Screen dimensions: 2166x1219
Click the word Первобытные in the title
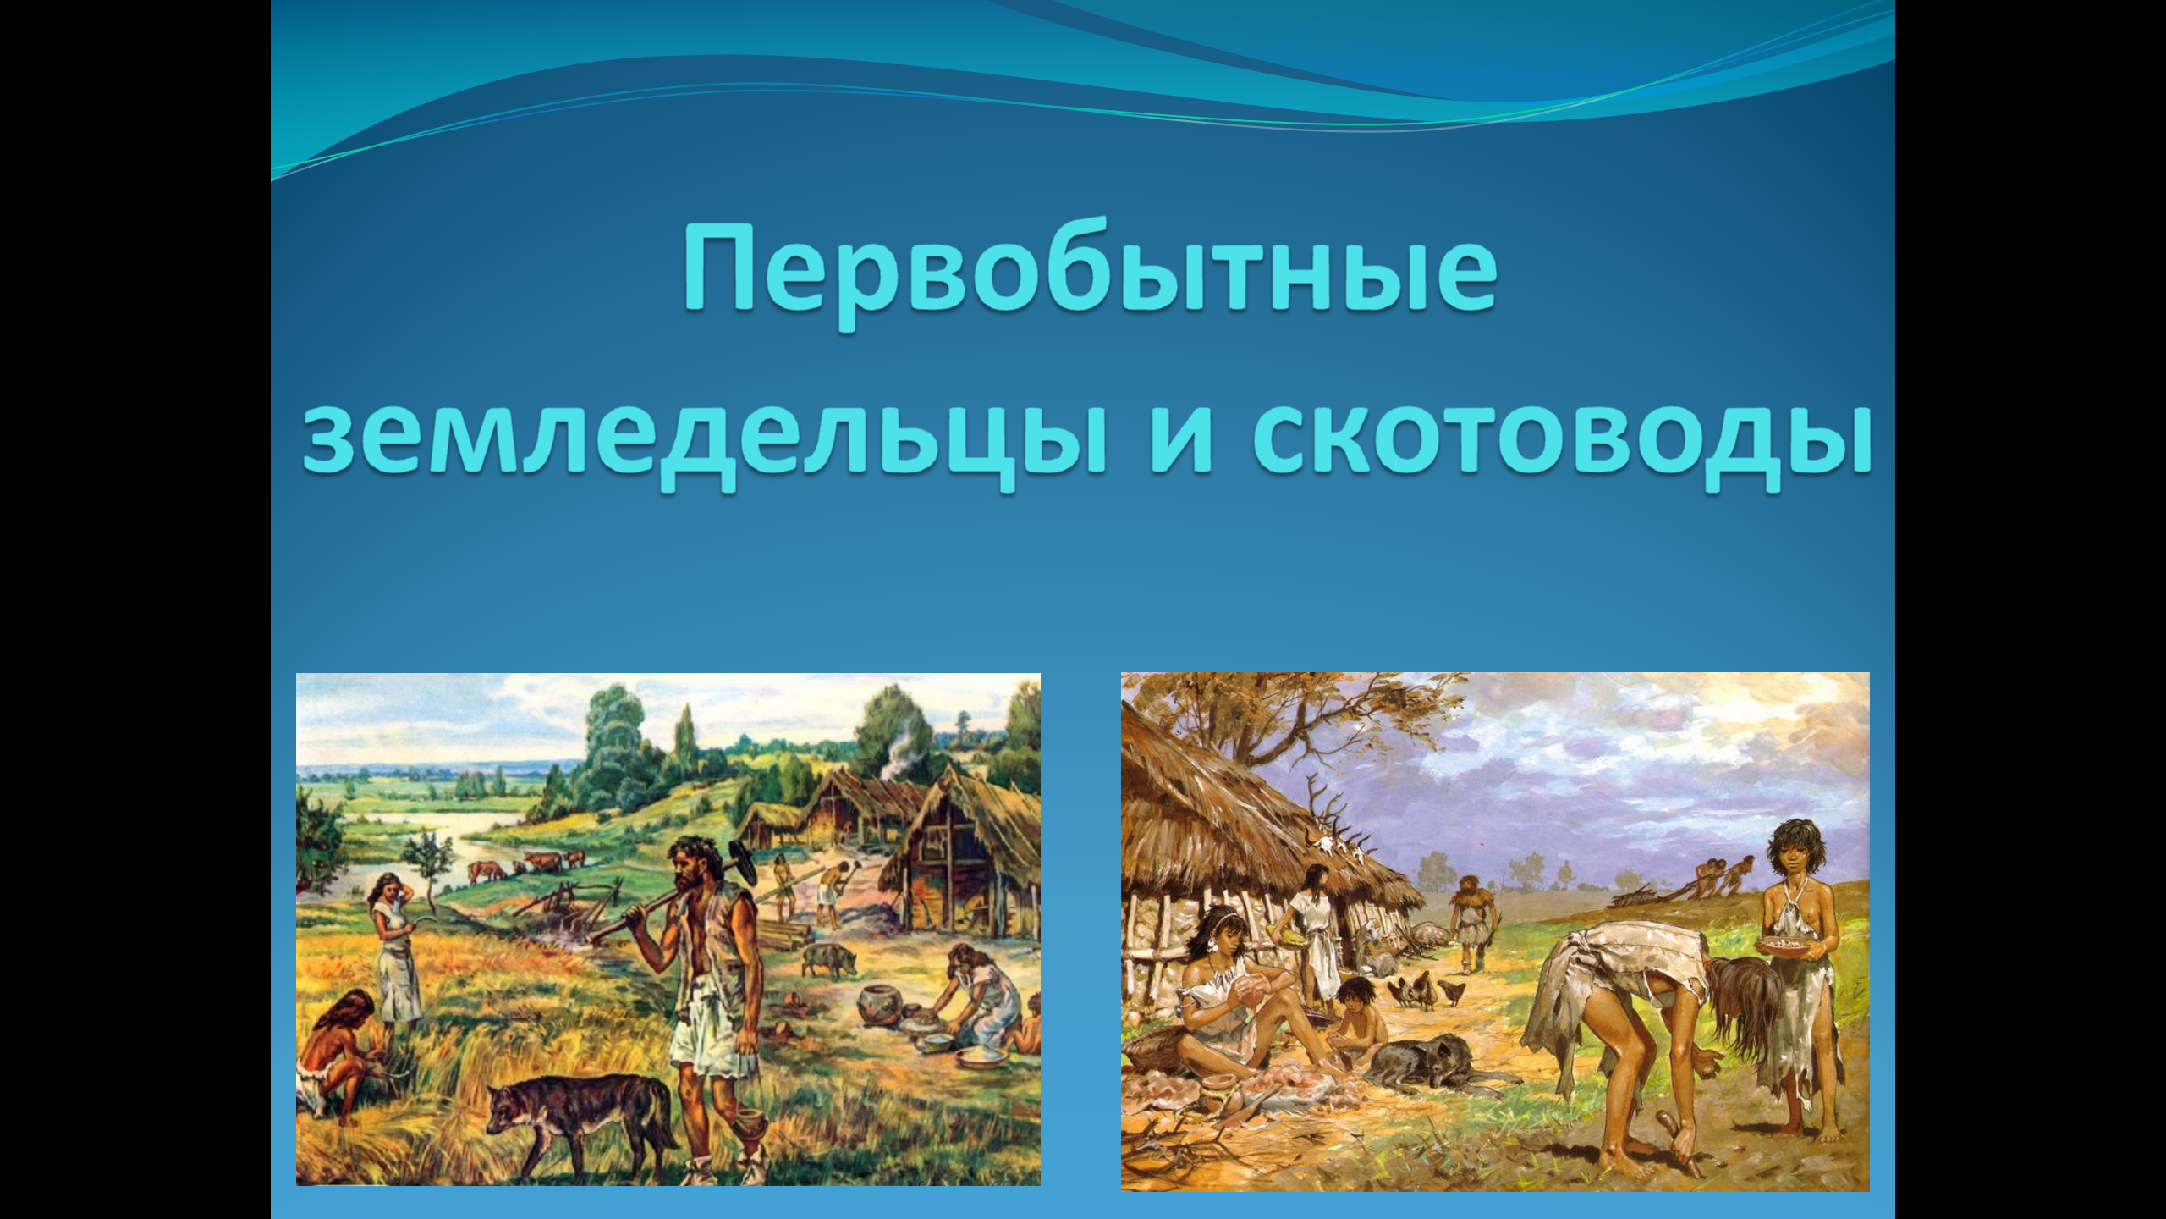pyautogui.click(x=1090, y=273)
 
